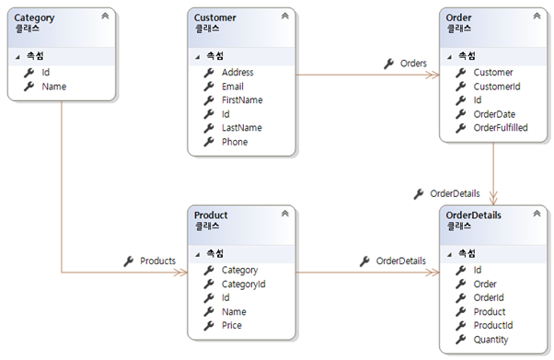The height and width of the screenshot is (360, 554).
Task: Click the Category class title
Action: coord(35,17)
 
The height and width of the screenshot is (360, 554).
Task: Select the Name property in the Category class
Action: coord(53,87)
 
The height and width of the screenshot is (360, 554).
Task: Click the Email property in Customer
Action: coord(232,87)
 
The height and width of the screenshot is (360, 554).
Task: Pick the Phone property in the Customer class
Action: coord(235,142)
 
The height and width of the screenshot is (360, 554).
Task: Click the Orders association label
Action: coord(413,64)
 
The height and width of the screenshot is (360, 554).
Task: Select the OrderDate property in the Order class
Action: coord(495,114)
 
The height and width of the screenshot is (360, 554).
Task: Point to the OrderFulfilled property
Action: coord(501,128)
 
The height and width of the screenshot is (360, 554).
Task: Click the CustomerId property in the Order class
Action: coord(497,87)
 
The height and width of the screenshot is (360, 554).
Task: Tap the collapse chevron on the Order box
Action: coord(536,17)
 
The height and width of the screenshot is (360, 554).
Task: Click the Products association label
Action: coord(157,261)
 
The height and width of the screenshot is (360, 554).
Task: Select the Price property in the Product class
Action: coord(233,326)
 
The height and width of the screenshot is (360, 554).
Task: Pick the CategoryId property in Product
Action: coord(243,285)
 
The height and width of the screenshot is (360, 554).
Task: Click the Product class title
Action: coord(211,215)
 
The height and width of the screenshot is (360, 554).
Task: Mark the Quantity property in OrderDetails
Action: coord(491,340)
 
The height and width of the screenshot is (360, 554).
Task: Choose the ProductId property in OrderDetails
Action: coord(492,326)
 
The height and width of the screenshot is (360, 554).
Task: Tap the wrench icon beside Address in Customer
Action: coord(209,73)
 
